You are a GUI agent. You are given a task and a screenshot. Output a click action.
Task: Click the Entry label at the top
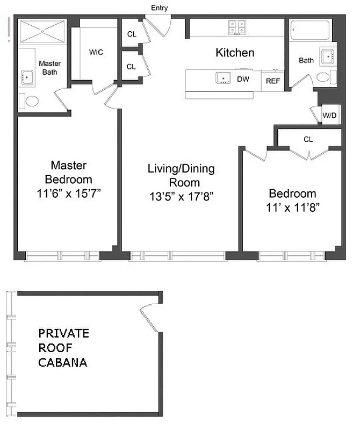(x=160, y=8)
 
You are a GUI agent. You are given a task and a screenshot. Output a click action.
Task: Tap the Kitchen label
(x=235, y=53)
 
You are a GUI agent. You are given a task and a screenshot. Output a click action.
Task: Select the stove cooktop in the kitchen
(x=236, y=27)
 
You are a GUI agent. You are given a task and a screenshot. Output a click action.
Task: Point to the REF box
(x=273, y=82)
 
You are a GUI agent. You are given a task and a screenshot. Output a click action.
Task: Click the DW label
(x=243, y=79)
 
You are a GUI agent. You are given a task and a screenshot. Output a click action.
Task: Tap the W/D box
(x=329, y=116)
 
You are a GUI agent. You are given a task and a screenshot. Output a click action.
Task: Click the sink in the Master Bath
(x=27, y=78)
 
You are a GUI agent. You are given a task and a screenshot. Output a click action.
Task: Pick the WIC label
(x=96, y=52)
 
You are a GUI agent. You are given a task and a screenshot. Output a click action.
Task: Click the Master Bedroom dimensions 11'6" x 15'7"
(x=68, y=193)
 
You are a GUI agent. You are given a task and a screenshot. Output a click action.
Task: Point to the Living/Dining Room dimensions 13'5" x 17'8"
(x=182, y=197)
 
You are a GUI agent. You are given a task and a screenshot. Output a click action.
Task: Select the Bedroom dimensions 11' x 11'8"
(x=292, y=208)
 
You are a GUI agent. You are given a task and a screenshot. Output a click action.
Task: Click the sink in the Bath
(x=327, y=56)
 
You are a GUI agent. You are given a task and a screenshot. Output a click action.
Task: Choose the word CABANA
(x=62, y=362)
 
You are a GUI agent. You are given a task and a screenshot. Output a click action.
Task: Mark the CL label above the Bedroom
(x=308, y=139)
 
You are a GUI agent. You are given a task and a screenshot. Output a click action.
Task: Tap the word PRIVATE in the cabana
(x=63, y=333)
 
